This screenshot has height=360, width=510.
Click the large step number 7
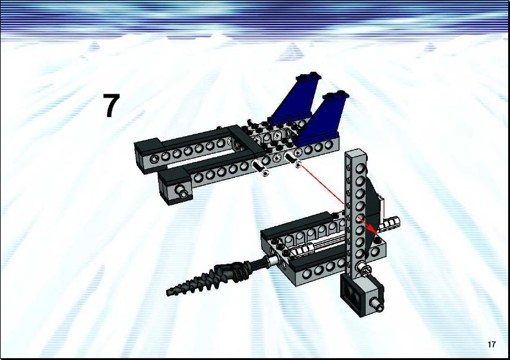(112, 105)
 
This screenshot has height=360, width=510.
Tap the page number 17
(492, 345)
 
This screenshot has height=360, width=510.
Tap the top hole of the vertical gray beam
(359, 168)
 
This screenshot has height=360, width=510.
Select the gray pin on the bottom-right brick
(378, 305)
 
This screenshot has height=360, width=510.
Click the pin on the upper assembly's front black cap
(183, 191)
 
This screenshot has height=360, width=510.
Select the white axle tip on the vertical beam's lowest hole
(363, 269)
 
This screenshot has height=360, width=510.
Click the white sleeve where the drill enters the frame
(273, 260)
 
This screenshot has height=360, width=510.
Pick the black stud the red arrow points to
(378, 240)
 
